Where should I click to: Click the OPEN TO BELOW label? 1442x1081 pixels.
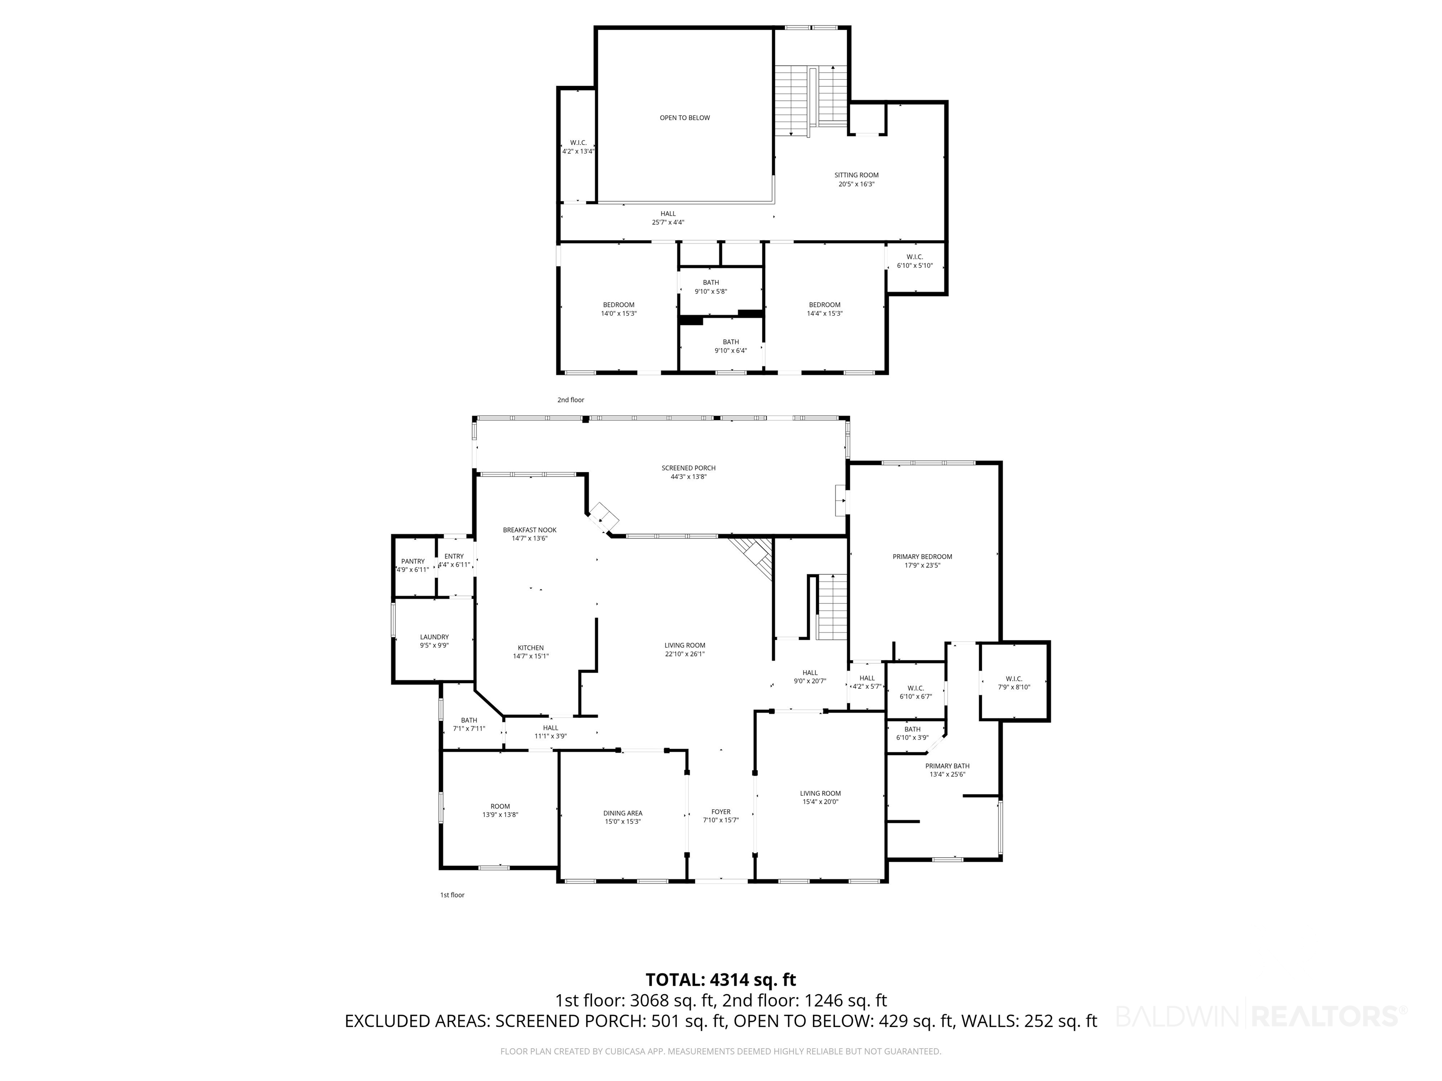point(684,118)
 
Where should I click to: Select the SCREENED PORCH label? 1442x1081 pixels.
point(689,468)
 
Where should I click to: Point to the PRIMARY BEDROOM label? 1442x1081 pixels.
point(922,556)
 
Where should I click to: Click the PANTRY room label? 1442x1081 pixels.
point(413,561)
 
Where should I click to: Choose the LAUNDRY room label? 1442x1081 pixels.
point(434,637)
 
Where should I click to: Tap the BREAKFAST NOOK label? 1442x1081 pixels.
point(529,530)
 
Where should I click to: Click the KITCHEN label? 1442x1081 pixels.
point(530,647)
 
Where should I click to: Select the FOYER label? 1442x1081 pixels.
point(721,812)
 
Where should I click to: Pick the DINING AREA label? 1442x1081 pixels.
point(622,813)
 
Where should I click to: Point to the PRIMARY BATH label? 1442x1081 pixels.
point(947,766)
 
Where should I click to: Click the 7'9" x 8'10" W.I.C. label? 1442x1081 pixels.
point(1014,683)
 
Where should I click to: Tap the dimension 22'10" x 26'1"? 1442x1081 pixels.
point(685,654)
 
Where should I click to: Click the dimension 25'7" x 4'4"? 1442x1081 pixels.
point(668,222)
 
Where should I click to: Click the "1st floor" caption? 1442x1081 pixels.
point(453,895)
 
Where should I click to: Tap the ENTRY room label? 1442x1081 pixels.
point(454,556)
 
